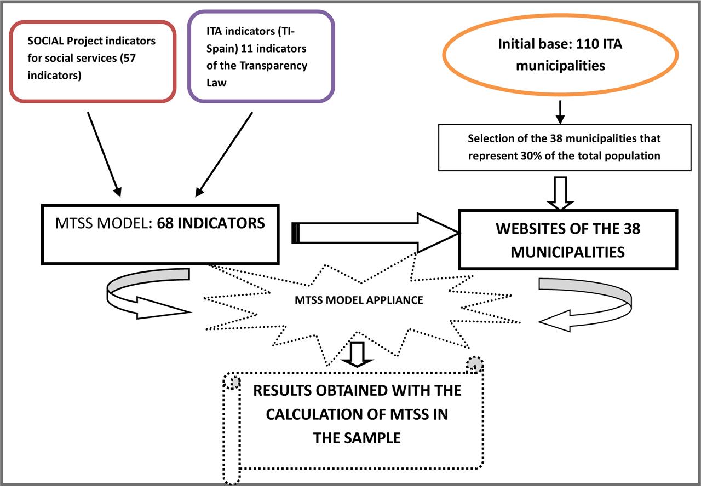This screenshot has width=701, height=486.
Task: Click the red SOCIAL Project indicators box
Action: pyautogui.click(x=93, y=61)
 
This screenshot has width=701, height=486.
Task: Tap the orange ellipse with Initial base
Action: pyautogui.click(x=560, y=55)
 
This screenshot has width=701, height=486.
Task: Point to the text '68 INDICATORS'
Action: pyautogui.click(x=211, y=223)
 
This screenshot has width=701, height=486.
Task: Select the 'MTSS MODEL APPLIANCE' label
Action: pyautogui.click(x=359, y=300)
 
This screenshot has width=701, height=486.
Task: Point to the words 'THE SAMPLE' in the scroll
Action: pyautogui.click(x=357, y=438)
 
